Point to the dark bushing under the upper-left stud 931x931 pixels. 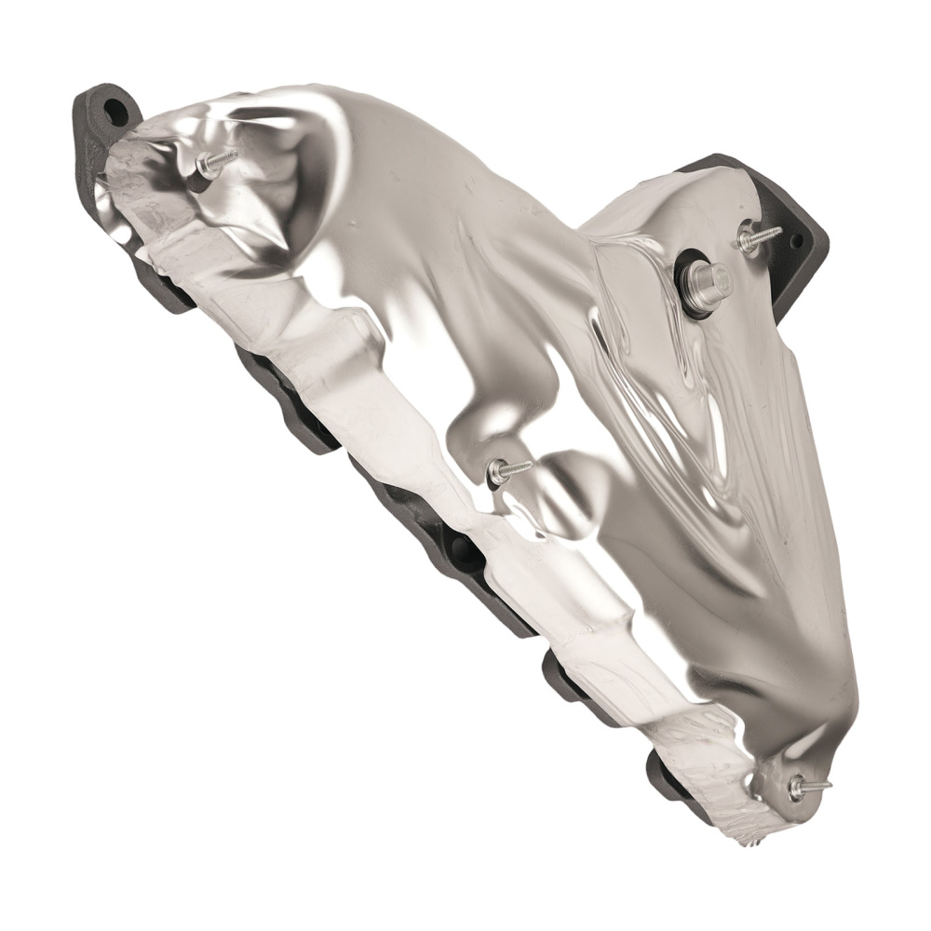(199, 178)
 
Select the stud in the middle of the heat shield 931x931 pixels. (508, 470)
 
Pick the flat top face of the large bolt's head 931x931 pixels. (718, 276)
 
